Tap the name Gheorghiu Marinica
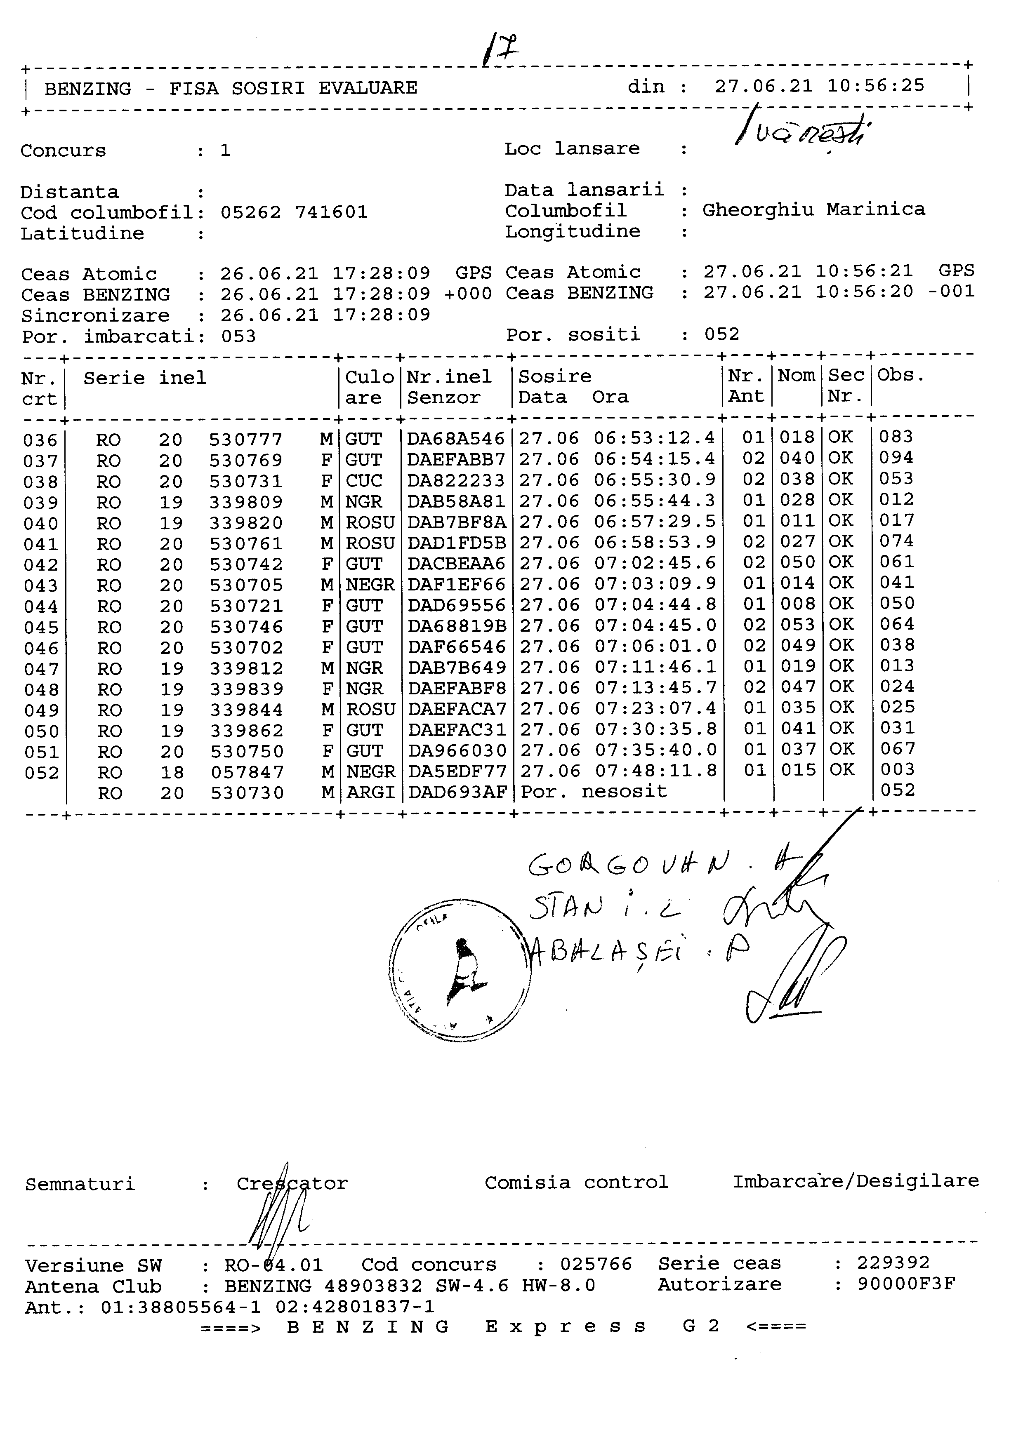point(813,210)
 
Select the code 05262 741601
point(294,212)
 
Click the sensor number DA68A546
point(455,438)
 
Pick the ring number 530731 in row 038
point(246,481)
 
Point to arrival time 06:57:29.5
point(655,522)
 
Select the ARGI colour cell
point(370,792)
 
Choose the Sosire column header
point(554,376)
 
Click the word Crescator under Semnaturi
point(292,1184)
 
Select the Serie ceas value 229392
point(893,1263)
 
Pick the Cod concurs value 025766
point(595,1264)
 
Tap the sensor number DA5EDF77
point(457,771)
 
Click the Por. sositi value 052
point(721,334)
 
